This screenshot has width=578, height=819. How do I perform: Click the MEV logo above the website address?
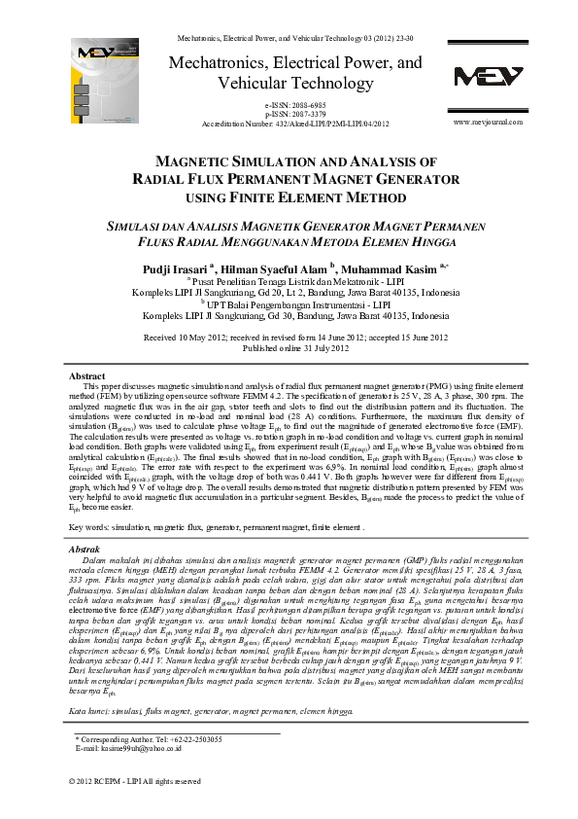coord(488,77)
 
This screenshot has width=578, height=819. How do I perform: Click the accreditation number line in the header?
coord(294,124)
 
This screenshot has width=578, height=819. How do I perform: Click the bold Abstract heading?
coord(87,374)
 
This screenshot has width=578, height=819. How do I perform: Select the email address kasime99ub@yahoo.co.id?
coord(146,749)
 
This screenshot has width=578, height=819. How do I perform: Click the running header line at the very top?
coord(294,36)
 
